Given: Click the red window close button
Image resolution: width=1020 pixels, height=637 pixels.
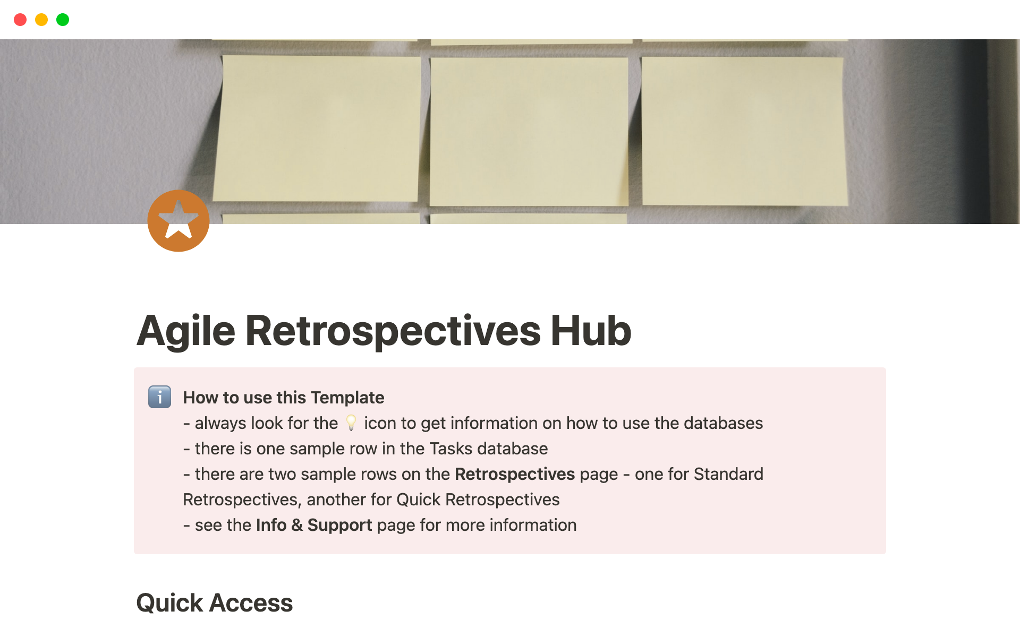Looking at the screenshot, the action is click(x=20, y=20).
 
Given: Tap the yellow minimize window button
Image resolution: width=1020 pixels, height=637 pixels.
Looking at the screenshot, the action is click(x=41, y=20).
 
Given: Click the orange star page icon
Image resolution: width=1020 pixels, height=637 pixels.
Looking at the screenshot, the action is click(x=178, y=221).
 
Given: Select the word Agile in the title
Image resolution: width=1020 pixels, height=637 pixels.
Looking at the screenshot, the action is click(x=186, y=331).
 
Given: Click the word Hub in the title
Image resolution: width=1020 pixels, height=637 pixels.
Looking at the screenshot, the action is click(x=591, y=330).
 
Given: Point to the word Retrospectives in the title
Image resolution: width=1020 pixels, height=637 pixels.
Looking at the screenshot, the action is click(x=393, y=331).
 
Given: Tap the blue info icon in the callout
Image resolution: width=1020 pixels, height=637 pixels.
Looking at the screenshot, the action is click(x=159, y=397).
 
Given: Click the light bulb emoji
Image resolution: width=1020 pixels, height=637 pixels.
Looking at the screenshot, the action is click(x=351, y=423).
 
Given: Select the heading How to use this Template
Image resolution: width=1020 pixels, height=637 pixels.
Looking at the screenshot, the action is click(x=284, y=397).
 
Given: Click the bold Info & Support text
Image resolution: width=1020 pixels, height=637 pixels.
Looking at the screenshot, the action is click(x=314, y=525).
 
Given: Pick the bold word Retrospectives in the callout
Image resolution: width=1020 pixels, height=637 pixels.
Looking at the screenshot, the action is click(x=515, y=474).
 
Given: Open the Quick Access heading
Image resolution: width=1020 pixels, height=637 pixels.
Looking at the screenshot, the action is click(x=215, y=603).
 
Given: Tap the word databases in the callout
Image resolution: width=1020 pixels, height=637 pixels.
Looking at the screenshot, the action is click(x=723, y=423).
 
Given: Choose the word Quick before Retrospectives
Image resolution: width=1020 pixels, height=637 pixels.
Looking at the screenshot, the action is click(x=419, y=500).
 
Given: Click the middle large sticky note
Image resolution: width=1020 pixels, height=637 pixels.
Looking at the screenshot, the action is click(x=529, y=131).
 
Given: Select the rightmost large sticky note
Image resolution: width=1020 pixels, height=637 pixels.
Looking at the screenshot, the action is click(x=744, y=131).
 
